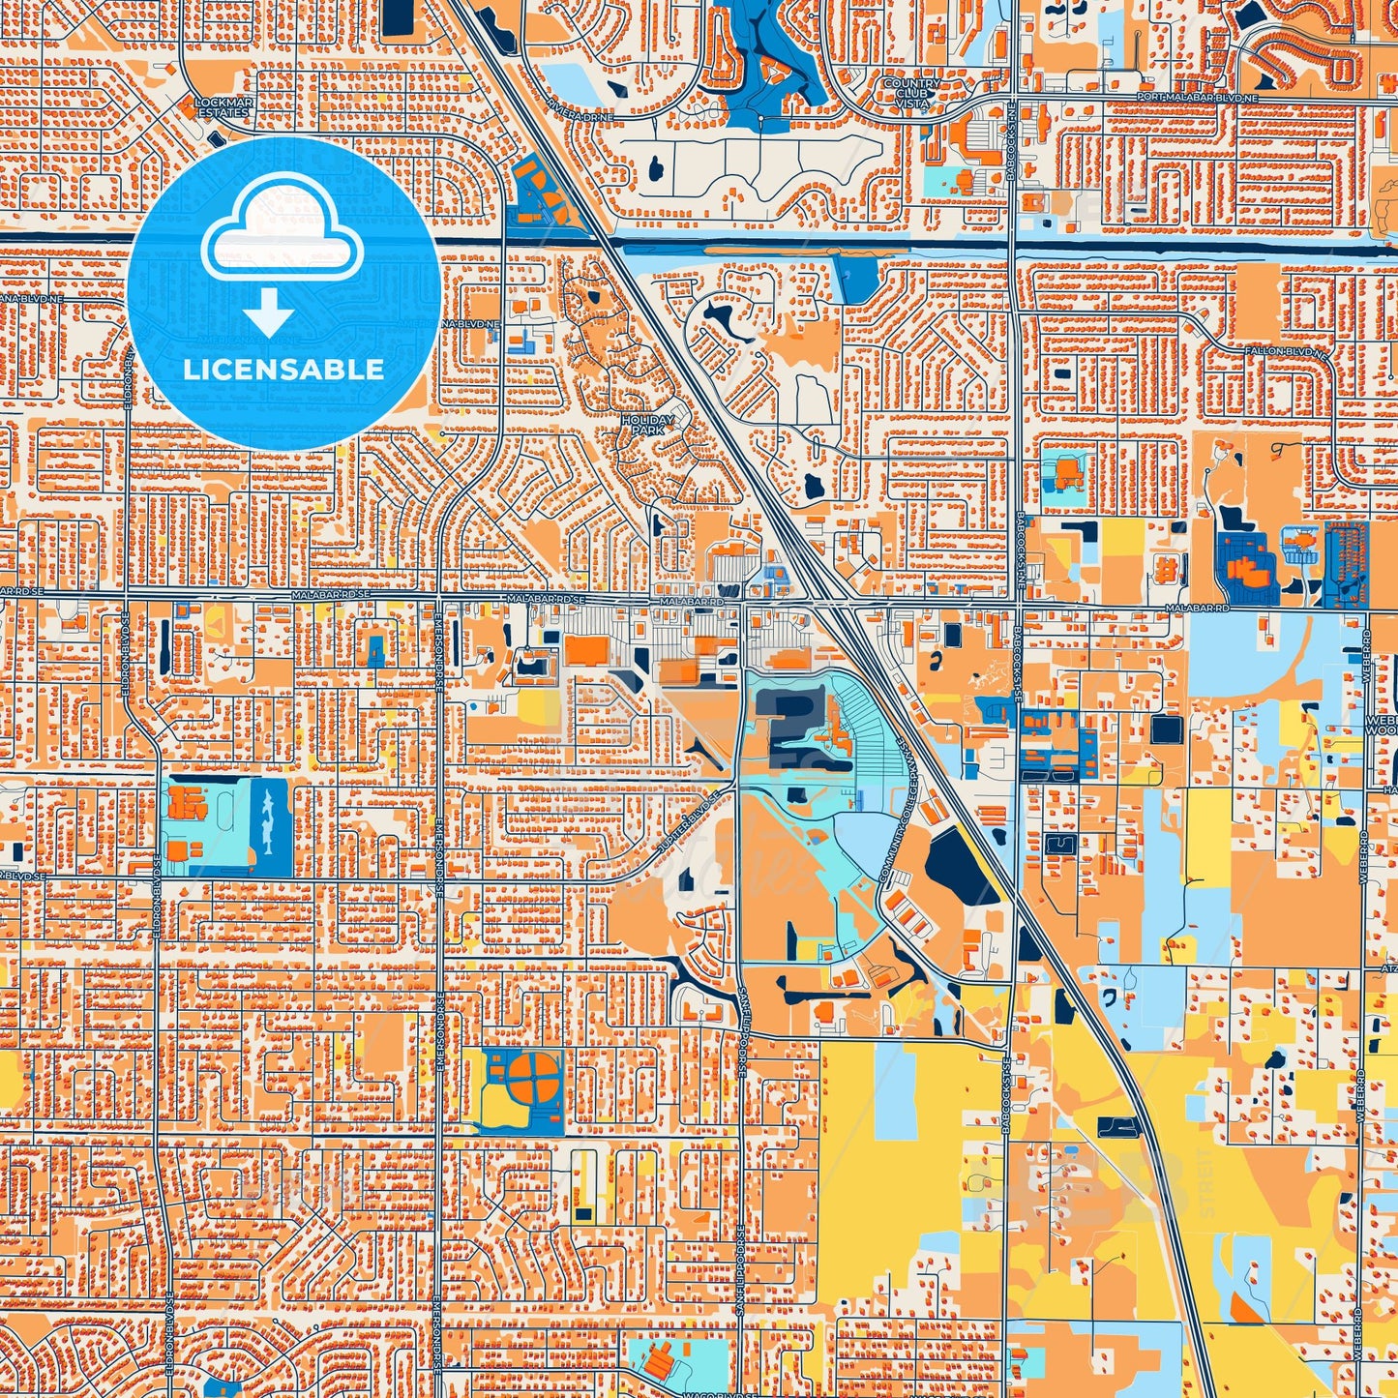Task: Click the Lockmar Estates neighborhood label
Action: pos(223,106)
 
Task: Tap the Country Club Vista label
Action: pos(910,94)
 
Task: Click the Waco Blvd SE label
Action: pos(710,1394)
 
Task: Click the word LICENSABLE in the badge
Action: pos(283,370)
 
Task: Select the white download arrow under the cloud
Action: pos(269,314)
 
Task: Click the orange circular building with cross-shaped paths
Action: pos(531,1079)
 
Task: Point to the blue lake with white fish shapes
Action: pos(270,827)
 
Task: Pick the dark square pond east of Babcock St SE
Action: pos(1166,729)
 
